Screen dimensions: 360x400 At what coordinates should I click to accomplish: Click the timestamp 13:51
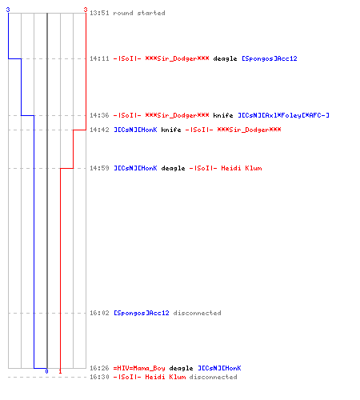click(99, 13)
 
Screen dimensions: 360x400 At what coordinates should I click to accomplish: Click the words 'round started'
click(139, 13)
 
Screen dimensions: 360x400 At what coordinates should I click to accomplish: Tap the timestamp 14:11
click(99, 58)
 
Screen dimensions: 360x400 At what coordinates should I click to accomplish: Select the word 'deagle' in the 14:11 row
click(225, 59)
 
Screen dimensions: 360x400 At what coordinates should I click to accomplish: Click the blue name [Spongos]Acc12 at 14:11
click(270, 58)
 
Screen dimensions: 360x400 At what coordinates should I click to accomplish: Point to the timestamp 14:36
click(99, 115)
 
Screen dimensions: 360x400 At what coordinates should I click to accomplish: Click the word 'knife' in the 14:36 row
click(223, 115)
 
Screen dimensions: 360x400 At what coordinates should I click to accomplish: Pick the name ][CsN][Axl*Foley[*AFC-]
click(283, 115)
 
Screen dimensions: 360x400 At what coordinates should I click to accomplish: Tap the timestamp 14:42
click(99, 130)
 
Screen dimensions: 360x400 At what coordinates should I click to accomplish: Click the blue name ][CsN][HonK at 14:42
click(135, 130)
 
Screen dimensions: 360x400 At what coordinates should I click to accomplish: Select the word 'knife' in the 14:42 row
click(171, 130)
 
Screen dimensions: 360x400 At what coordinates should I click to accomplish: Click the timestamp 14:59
click(99, 168)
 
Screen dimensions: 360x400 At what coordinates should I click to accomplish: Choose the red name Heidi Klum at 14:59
click(242, 168)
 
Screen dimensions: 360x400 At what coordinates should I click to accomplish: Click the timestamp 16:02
click(99, 313)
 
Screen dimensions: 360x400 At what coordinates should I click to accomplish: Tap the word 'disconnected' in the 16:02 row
click(197, 313)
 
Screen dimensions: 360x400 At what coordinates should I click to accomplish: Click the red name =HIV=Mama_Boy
click(139, 368)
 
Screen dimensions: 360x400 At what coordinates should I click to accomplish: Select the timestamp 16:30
click(99, 377)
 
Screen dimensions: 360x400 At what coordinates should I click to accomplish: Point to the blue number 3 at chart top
click(8, 10)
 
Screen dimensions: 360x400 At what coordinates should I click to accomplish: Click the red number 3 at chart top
click(86, 10)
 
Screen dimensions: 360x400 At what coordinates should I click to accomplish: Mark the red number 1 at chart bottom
click(60, 371)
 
